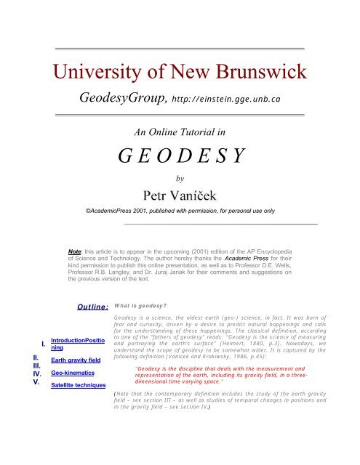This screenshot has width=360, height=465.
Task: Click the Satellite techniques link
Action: [x=79, y=384]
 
